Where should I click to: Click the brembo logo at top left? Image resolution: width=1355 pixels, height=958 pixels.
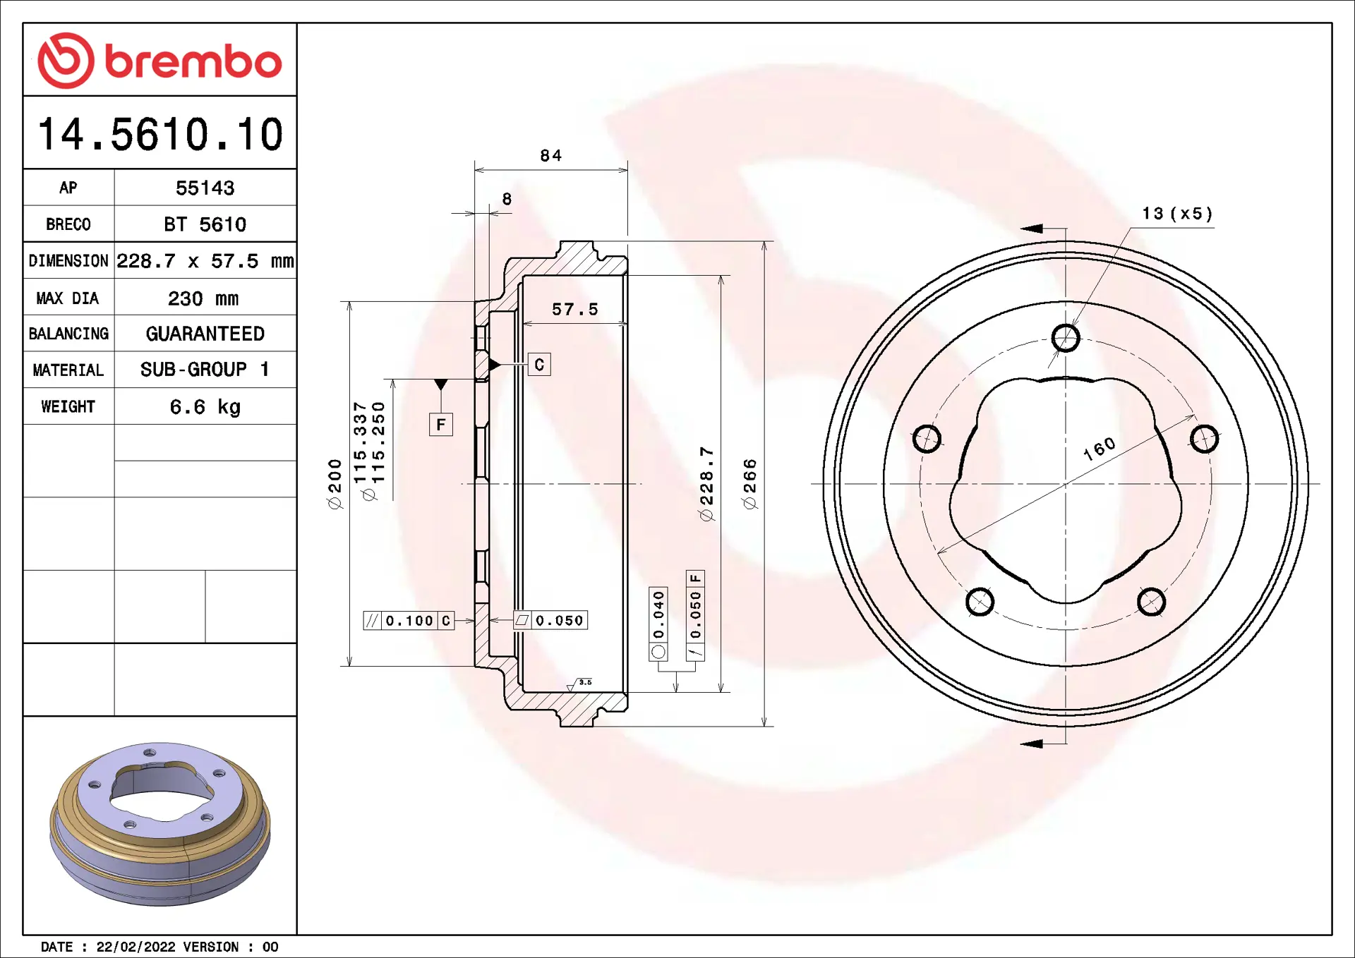coord(159,61)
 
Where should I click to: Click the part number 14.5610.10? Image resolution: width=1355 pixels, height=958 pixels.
coord(160,134)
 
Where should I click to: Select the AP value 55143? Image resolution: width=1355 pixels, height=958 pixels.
coord(205,188)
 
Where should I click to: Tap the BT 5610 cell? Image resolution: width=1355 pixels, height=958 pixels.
coord(205,224)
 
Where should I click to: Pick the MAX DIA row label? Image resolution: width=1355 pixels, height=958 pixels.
coord(68,298)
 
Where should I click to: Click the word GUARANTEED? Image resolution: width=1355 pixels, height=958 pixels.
coord(205,334)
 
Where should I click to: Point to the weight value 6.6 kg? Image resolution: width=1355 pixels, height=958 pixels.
coord(205,407)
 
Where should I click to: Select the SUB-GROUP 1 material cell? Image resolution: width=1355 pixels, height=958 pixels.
coord(205,370)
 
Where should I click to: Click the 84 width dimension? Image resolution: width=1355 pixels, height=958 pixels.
coord(550,155)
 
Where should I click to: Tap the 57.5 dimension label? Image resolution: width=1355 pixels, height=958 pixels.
coord(574,309)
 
